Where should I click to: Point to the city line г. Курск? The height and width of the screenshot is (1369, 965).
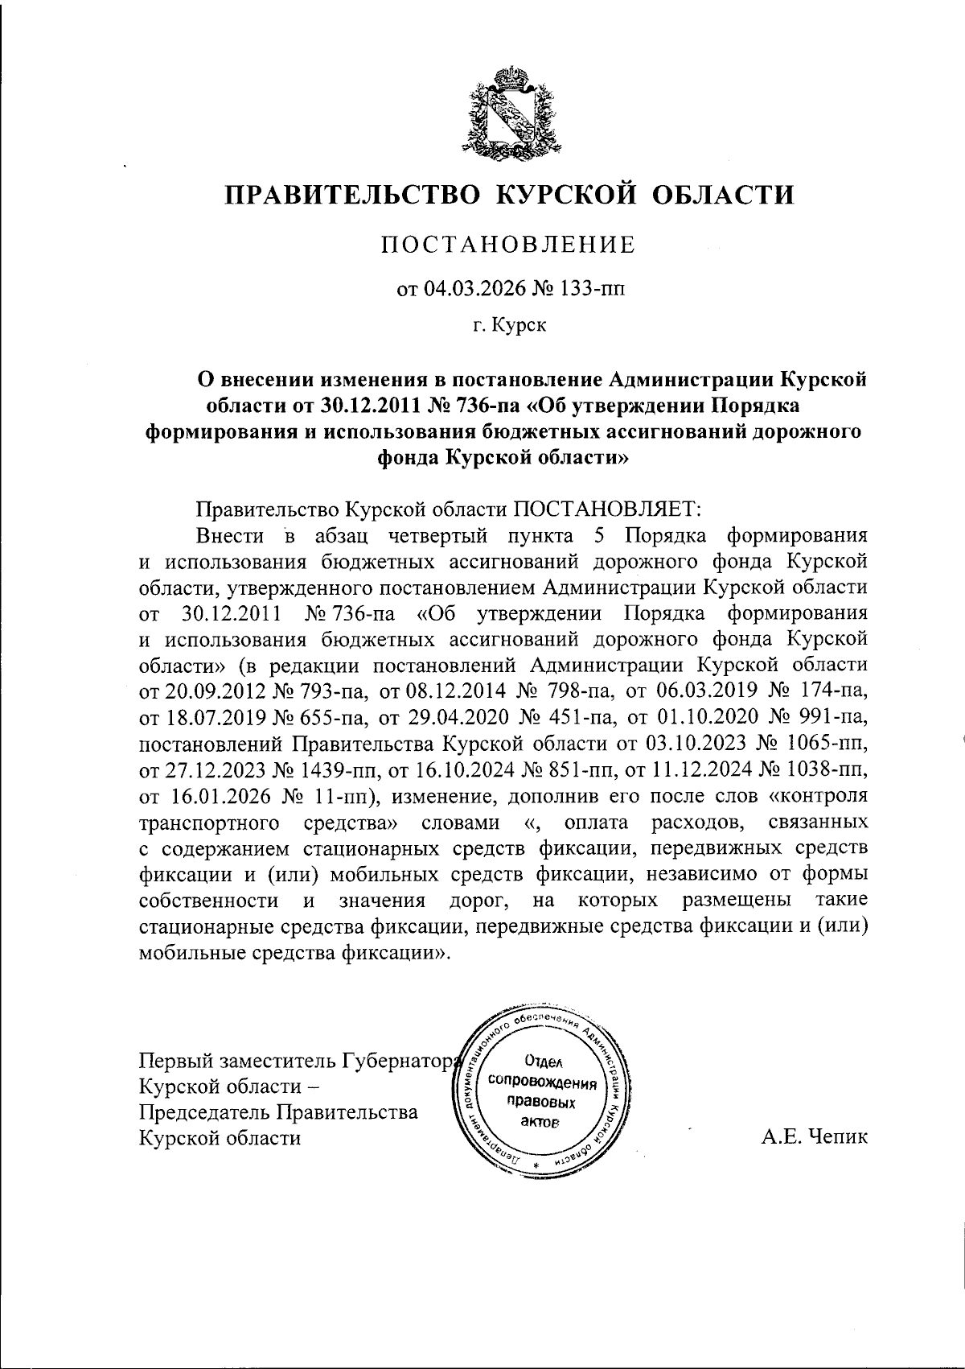pyautogui.click(x=508, y=326)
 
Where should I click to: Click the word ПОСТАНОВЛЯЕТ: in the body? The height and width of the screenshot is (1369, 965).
pyautogui.click(x=609, y=509)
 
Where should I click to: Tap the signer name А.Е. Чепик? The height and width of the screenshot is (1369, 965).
pyautogui.click(x=813, y=1137)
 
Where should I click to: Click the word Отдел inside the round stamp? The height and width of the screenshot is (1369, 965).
pyautogui.click(x=540, y=1062)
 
